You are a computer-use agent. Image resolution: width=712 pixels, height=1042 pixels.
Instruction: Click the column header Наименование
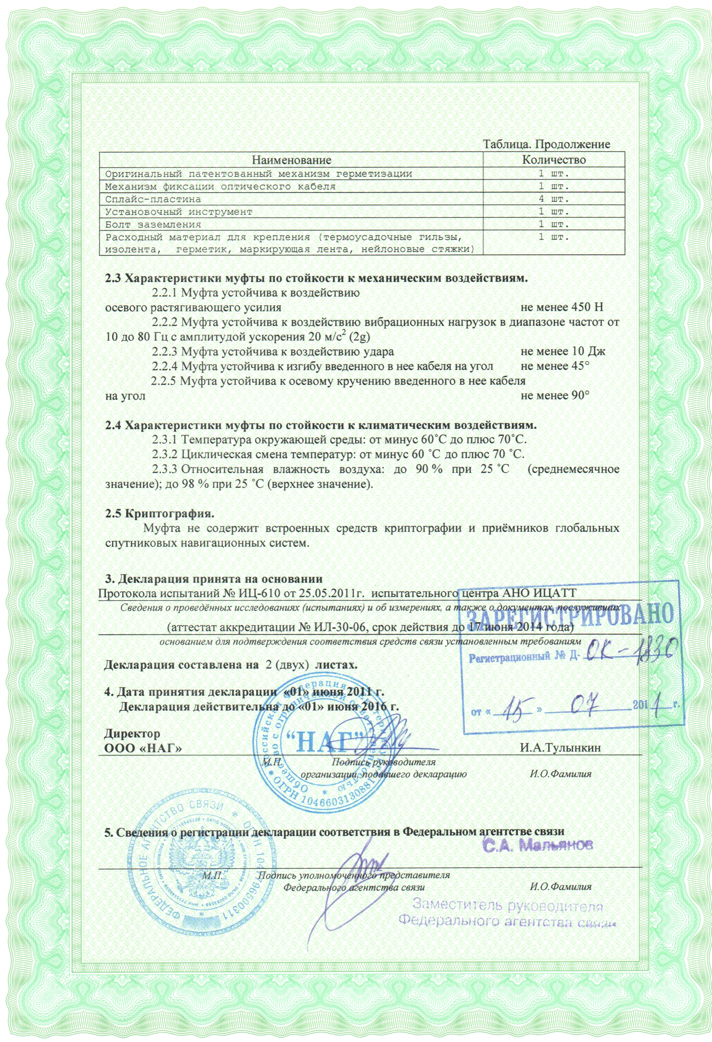click(291, 160)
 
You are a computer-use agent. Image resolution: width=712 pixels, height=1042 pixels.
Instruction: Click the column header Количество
click(554, 160)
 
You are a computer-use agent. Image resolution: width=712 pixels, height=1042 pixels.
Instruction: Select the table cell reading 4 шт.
click(554, 199)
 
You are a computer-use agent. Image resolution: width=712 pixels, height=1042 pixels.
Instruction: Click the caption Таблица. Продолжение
click(546, 144)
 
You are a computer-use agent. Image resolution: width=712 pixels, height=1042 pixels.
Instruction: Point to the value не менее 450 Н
click(562, 307)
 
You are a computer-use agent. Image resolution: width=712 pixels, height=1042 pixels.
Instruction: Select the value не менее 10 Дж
click(563, 352)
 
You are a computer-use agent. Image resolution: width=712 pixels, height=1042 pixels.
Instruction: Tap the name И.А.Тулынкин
click(560, 747)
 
